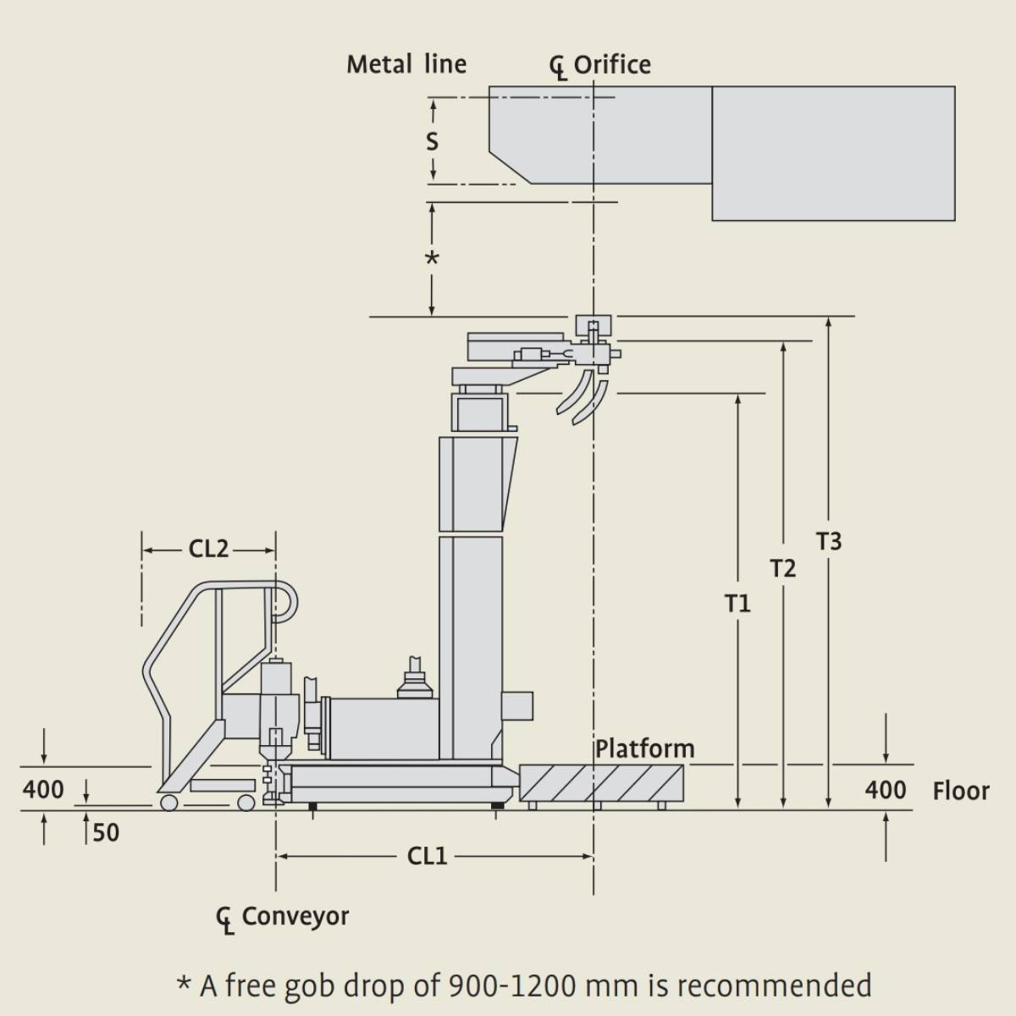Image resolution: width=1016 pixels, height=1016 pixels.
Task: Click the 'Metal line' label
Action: pyautogui.click(x=406, y=64)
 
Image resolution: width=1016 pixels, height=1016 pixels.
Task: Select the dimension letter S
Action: pyautogui.click(x=432, y=141)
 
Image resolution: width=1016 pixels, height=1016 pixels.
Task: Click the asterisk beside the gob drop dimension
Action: pyautogui.click(x=432, y=259)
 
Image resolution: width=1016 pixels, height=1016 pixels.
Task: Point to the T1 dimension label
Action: pyautogui.click(x=737, y=603)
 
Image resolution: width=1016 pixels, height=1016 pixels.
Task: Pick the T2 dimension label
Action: pyautogui.click(x=783, y=568)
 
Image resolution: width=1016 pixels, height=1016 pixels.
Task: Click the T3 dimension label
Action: pyautogui.click(x=829, y=540)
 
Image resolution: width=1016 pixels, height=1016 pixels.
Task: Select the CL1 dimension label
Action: pyautogui.click(x=427, y=856)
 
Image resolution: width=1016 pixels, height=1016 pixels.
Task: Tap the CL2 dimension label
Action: pyautogui.click(x=208, y=549)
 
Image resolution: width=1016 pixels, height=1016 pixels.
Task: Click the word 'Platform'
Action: pyautogui.click(x=644, y=748)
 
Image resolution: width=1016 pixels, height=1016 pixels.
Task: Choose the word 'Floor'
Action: pyautogui.click(x=961, y=791)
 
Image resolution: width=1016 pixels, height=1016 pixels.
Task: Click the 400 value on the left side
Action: pyautogui.click(x=43, y=789)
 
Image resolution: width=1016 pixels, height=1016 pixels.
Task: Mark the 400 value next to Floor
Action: pyautogui.click(x=886, y=791)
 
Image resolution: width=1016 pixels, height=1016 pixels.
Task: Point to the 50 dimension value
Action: pyautogui.click(x=106, y=833)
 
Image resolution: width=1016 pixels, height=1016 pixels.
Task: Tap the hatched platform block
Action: pyautogui.click(x=601, y=782)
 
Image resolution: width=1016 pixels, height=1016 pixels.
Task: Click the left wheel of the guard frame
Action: pyautogui.click(x=168, y=802)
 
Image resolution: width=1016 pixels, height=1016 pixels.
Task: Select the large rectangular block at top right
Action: pyautogui.click(x=833, y=152)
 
